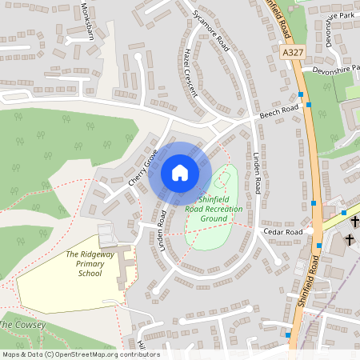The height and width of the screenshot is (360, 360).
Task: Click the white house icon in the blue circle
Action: [179, 172]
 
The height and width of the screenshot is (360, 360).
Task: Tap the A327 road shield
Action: [294, 50]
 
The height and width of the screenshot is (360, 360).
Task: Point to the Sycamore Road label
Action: [211, 30]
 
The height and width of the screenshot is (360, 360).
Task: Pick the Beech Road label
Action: [278, 111]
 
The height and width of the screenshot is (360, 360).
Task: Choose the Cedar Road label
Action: [284, 232]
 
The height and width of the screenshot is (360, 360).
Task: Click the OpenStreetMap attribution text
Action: [80, 354]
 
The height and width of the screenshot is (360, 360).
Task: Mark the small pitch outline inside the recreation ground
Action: [222, 177]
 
